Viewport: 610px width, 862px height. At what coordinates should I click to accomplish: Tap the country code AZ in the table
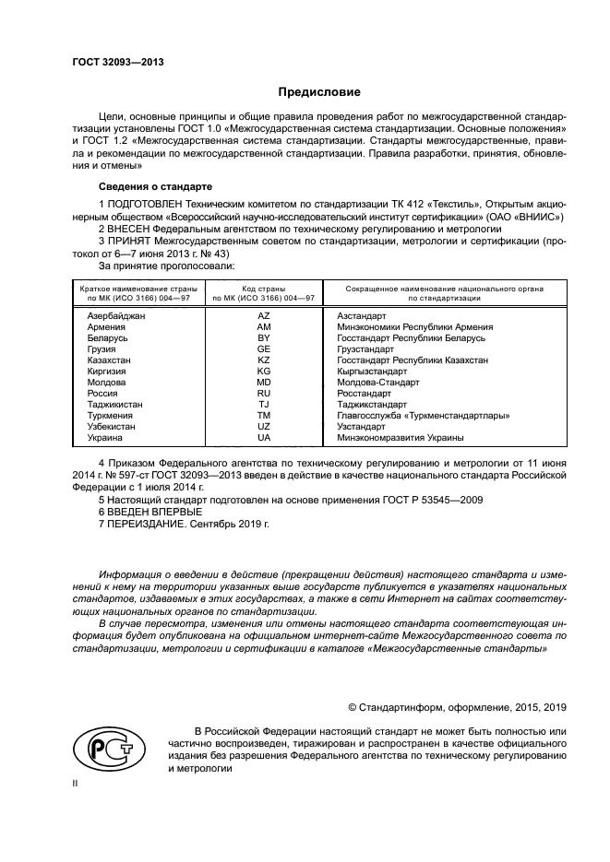point(263,315)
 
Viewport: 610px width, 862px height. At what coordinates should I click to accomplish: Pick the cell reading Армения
point(106,327)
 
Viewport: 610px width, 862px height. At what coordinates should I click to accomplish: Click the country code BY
point(263,339)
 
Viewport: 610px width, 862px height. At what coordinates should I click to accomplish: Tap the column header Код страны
point(263,289)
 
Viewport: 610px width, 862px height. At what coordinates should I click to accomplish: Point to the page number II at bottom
point(76,781)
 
